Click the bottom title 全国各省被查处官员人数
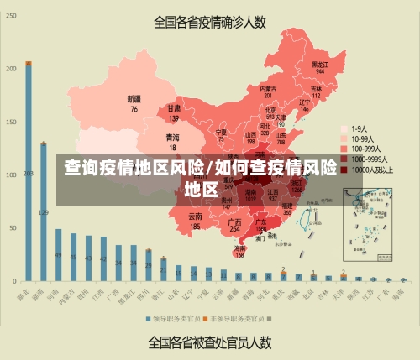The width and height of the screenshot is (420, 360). click(210, 342)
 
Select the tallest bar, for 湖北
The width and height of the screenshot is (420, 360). click(29, 172)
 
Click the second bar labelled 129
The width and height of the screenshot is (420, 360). click(44, 211)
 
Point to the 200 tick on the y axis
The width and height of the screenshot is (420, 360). click(12, 69)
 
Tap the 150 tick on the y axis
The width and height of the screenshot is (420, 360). click(12, 122)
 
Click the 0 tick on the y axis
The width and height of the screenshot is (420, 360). click(14, 280)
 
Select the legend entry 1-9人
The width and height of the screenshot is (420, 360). click(363, 128)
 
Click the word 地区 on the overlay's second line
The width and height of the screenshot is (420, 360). click(201, 188)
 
